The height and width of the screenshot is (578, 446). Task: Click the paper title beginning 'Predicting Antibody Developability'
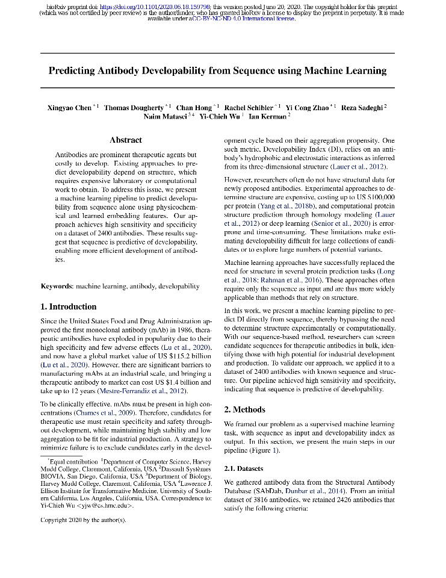pyautogui.click(x=217, y=71)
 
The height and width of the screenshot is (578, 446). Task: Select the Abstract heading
pyautogui.click(x=126, y=140)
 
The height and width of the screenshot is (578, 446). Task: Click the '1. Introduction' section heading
pyautogui.click(x=68, y=306)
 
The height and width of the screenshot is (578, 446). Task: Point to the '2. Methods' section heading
pyautogui.click(x=244, y=409)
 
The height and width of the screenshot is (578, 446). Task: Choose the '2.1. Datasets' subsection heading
pyautogui.click(x=244, y=468)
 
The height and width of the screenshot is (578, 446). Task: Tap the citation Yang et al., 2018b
pyautogui.click(x=278, y=205)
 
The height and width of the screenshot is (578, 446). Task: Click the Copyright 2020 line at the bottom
pyautogui.click(x=83, y=520)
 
